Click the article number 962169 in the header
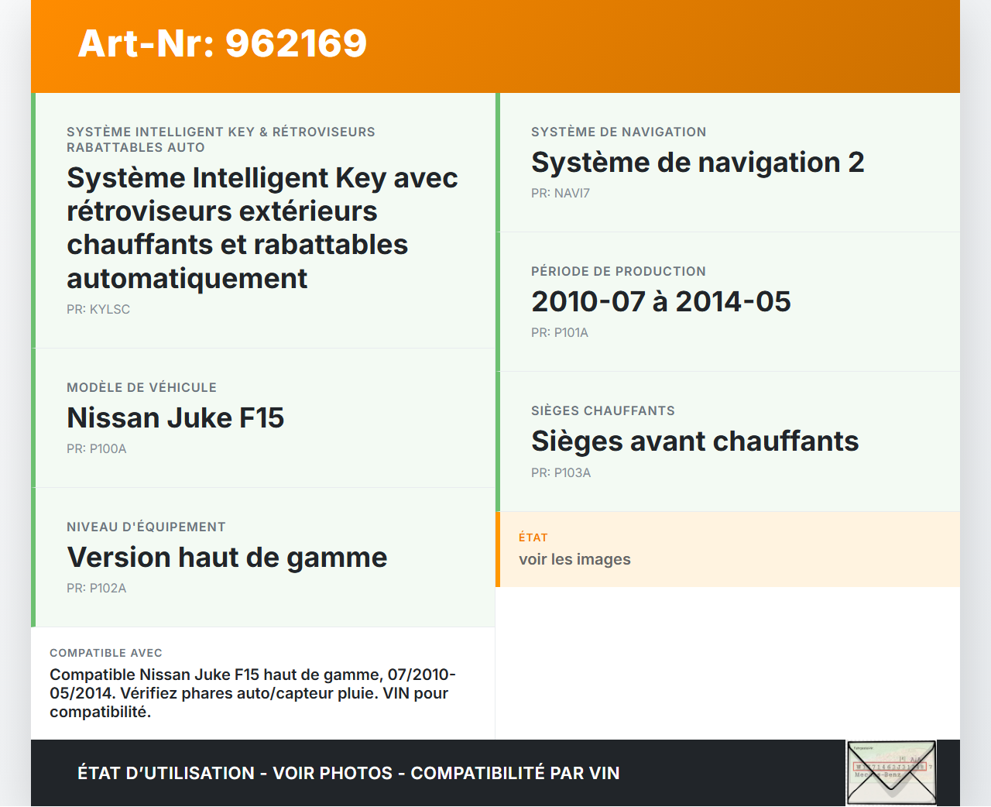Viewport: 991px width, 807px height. click(296, 43)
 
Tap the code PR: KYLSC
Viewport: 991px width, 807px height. click(98, 309)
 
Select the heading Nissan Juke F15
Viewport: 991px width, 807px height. click(176, 417)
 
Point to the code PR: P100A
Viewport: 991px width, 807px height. click(96, 448)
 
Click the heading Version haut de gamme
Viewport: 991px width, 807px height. click(227, 557)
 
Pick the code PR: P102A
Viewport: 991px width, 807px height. click(96, 589)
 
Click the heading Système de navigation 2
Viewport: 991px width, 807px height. click(698, 163)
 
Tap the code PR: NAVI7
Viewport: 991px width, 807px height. click(561, 193)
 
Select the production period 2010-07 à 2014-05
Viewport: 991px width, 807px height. click(661, 301)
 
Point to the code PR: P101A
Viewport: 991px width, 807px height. click(560, 333)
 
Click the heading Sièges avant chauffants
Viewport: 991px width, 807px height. click(695, 441)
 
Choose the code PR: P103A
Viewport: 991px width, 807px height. click(561, 473)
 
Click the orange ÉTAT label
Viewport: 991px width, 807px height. click(533, 537)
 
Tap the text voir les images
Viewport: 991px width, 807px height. click(574, 559)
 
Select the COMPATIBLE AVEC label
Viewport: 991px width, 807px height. click(106, 653)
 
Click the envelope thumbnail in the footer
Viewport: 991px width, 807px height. click(891, 773)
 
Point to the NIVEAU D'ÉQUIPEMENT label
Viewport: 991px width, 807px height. click(146, 527)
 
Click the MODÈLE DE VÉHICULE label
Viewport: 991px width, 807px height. click(142, 388)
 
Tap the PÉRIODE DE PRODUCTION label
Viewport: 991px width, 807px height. click(619, 271)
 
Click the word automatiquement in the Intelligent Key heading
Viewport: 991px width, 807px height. click(187, 279)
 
